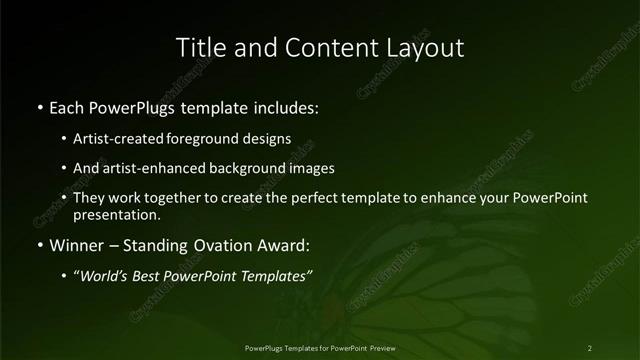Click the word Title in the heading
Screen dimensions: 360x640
[200, 47]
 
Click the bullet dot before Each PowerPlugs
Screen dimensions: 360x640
[39, 106]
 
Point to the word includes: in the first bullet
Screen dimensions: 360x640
[285, 106]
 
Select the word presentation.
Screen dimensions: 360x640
[116, 214]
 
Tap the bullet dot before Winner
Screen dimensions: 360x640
[39, 244]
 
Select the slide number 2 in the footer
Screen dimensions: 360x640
[590, 347]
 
